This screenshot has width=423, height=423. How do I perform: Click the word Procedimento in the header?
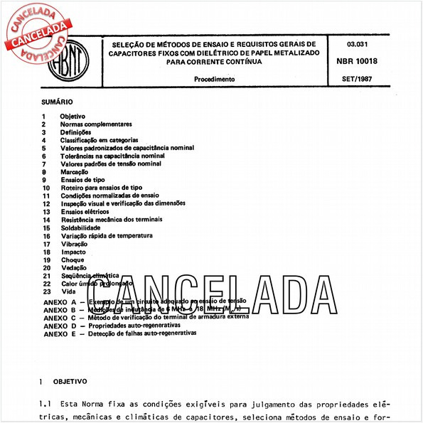(214, 79)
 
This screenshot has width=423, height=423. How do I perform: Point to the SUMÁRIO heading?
(56, 102)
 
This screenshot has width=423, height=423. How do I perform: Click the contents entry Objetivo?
(73, 116)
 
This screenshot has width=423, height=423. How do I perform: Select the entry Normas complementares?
(96, 124)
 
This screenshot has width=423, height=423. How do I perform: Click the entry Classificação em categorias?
(99, 140)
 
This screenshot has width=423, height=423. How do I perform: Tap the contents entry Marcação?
(75, 172)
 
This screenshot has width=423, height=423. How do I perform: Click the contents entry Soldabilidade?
(80, 227)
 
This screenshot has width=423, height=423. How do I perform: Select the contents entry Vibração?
(75, 244)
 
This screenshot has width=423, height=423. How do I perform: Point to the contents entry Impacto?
(73, 252)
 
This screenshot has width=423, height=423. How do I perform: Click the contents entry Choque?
(73, 259)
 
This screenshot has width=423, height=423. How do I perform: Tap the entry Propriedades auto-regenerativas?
(136, 325)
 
